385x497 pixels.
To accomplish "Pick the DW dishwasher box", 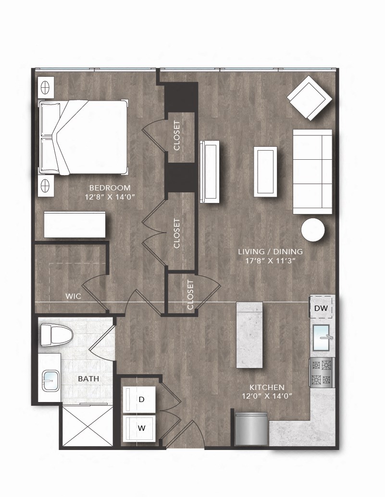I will click(x=321, y=308).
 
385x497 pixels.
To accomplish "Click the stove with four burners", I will click(x=321, y=372).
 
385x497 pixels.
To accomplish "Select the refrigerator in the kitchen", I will click(x=251, y=429).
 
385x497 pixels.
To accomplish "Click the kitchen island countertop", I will click(x=250, y=334).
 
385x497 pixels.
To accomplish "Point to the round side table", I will click(x=313, y=230).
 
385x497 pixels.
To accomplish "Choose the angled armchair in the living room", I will click(x=310, y=98).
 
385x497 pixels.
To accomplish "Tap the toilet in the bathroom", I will click(x=56, y=335).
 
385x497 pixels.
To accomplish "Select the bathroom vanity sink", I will click(x=50, y=379).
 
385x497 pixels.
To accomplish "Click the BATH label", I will click(x=88, y=379).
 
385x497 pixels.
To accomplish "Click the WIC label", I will click(x=73, y=296).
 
